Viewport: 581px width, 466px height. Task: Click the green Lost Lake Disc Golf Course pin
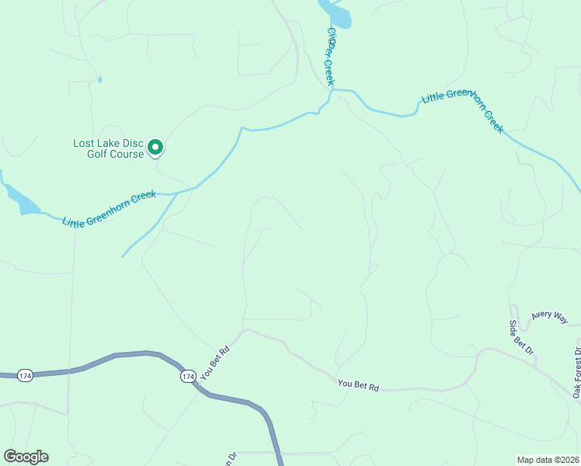tap(155, 146)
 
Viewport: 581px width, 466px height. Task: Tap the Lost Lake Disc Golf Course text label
tap(109, 148)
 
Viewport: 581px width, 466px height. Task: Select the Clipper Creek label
tap(330, 56)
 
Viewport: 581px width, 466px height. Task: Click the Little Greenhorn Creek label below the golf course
tap(110, 209)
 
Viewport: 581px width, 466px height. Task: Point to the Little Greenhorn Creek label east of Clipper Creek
tap(462, 110)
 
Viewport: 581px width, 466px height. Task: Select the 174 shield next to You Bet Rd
tap(187, 376)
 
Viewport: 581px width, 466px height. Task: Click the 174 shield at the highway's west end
tap(25, 375)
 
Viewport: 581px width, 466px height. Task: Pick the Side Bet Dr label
tap(522, 338)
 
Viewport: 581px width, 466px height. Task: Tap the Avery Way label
tap(550, 316)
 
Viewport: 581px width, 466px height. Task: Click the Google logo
tap(26, 457)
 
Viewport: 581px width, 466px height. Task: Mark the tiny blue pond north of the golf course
tap(99, 79)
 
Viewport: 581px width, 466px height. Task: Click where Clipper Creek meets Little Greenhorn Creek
tap(332, 92)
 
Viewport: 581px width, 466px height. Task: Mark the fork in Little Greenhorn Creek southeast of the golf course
tap(178, 192)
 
